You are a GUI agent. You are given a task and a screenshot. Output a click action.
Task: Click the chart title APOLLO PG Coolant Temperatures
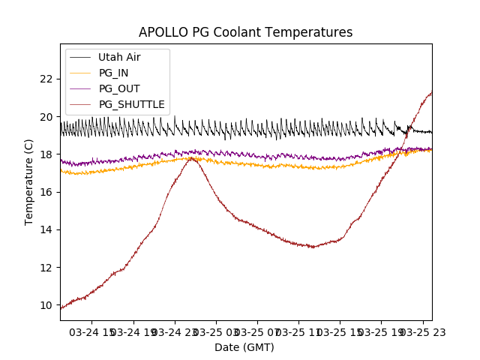pyautogui.click(x=245, y=32)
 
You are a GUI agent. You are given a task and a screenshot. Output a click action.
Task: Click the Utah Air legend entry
pyautogui.click(x=118, y=57)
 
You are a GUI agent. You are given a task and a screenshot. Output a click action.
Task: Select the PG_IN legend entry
pyautogui.click(x=113, y=73)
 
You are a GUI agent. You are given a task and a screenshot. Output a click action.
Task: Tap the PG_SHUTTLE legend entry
pyautogui.click(x=131, y=104)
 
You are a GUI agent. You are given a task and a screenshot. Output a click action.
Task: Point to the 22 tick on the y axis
pyautogui.click(x=46, y=79)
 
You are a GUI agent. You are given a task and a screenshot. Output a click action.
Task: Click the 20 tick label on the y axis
pyautogui.click(x=46, y=116)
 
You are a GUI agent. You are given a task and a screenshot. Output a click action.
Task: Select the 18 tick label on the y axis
pyautogui.click(x=46, y=154)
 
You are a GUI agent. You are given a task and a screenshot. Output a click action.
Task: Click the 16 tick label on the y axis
pyautogui.click(x=46, y=192)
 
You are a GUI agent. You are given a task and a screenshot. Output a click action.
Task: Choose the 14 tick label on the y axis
pyautogui.click(x=46, y=229)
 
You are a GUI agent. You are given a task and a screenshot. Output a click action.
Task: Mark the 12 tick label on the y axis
pyautogui.click(x=46, y=268)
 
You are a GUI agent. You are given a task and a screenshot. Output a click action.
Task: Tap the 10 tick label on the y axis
pyautogui.click(x=46, y=305)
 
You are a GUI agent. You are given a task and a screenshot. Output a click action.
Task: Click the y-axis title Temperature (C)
pyautogui.click(x=29, y=181)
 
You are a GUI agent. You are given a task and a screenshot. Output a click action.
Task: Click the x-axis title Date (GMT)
pyautogui.click(x=244, y=347)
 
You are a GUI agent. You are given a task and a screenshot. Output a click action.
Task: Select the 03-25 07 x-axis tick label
pyautogui.click(x=257, y=331)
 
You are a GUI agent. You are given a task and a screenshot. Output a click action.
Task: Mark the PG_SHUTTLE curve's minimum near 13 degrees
pyautogui.click(x=313, y=247)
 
